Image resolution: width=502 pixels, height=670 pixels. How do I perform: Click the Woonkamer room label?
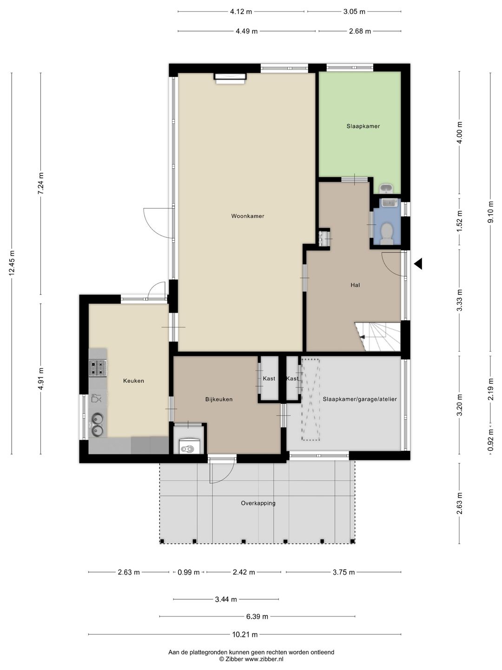click(247, 216)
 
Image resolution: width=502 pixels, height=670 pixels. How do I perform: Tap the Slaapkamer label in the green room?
click(363, 126)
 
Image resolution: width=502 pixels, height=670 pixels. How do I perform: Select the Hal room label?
click(355, 285)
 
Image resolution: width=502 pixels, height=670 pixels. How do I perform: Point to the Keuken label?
click(133, 381)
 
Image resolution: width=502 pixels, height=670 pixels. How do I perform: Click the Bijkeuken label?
click(219, 399)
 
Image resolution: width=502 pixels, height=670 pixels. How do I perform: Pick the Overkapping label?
click(258, 503)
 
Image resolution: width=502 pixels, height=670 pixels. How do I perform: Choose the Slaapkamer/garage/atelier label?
click(360, 399)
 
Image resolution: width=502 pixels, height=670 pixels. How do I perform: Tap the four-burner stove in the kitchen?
click(98, 368)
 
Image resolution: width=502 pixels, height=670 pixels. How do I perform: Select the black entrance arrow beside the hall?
click(418, 263)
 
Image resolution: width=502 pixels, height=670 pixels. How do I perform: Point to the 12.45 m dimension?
click(12, 263)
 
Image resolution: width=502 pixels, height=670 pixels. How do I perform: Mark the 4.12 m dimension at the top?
click(241, 12)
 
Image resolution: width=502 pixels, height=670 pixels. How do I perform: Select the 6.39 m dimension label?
click(257, 616)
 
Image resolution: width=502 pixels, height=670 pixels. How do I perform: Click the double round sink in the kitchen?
click(98, 424)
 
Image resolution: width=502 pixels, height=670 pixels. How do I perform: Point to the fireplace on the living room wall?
click(231, 78)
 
